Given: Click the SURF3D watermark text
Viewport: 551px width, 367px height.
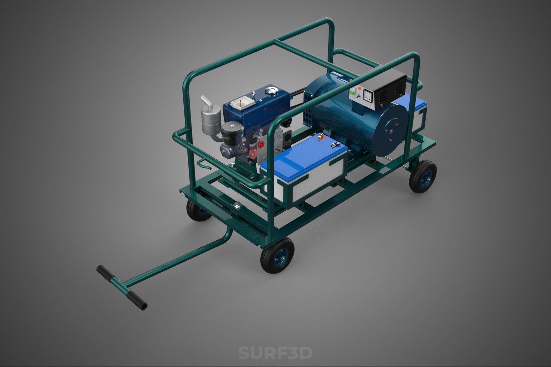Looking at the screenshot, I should pyautogui.click(x=275, y=353).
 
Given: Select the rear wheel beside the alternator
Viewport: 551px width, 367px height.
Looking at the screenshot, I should pyautogui.click(x=423, y=177).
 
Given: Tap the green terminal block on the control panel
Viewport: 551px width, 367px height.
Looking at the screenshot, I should pyautogui.click(x=353, y=91).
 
